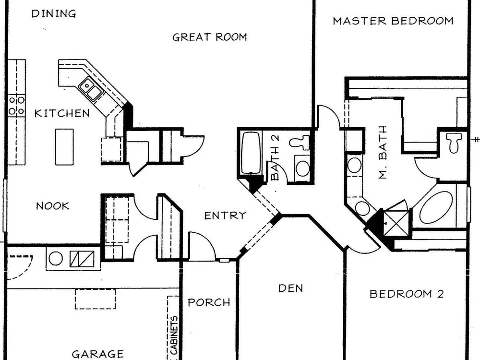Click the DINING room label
pos(54,14)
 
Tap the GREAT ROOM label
pos(210,37)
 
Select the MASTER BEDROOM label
pos(393,21)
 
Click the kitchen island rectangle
pos(64,147)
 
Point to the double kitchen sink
pos(91,88)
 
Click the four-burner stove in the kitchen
pos(16,106)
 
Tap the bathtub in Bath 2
pos(251,153)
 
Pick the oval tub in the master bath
pos(436,207)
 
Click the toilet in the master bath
pos(454,143)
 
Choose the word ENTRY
pos(225,216)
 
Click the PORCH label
pos(209,302)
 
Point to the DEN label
pos(290,288)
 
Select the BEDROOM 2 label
pos(407,294)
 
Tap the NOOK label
pos(53,206)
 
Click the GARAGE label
pos(98,354)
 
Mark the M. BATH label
pos(383,152)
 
